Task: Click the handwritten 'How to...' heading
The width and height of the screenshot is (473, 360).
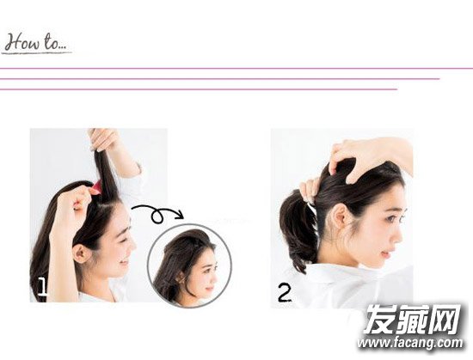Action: (x=36, y=43)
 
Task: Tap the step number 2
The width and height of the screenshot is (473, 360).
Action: (x=285, y=293)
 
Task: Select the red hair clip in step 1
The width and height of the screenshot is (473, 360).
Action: (x=95, y=187)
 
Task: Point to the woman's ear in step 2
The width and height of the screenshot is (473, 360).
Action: (x=341, y=216)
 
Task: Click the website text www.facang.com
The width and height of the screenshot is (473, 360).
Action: (x=410, y=343)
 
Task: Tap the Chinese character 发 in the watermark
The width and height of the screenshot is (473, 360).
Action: (x=380, y=319)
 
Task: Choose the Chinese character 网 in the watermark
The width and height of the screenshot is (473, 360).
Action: (x=444, y=319)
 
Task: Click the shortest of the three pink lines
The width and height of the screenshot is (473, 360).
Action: (x=199, y=89)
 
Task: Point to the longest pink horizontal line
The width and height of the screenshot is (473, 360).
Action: (x=236, y=69)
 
